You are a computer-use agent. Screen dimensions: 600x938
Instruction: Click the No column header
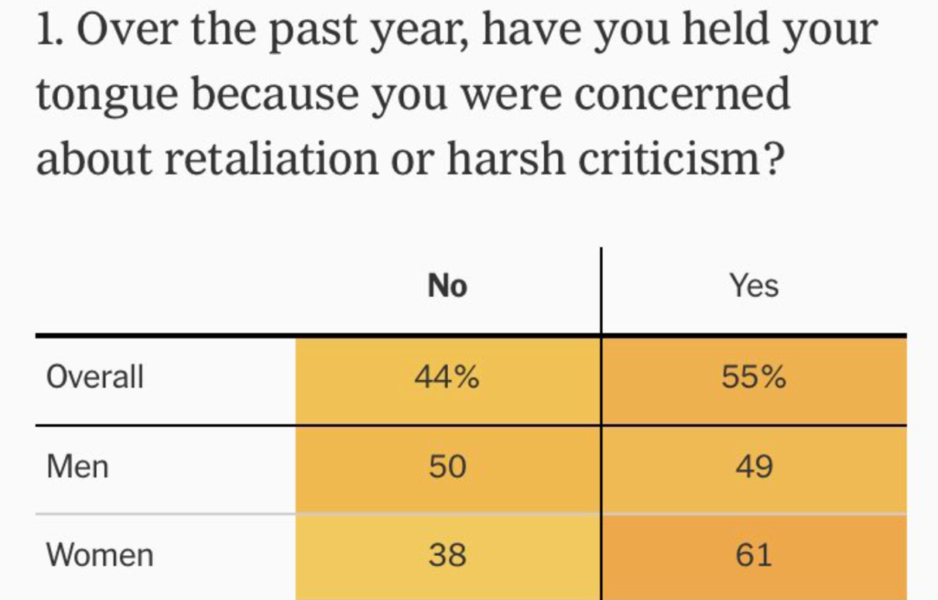(x=447, y=287)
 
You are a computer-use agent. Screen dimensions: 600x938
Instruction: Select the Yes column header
(x=754, y=287)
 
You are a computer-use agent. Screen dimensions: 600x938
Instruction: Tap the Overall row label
(x=95, y=376)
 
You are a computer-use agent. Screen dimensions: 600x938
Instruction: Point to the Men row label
(x=78, y=467)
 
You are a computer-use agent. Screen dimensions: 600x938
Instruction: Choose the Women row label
(x=100, y=554)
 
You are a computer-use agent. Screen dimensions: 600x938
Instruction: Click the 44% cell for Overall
(x=447, y=376)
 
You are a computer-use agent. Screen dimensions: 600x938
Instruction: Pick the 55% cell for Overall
(x=754, y=376)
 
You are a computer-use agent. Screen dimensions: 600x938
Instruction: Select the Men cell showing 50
(x=447, y=467)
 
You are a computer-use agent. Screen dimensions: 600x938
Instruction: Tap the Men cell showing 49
(x=754, y=467)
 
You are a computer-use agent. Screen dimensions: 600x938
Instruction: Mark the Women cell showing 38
(x=447, y=554)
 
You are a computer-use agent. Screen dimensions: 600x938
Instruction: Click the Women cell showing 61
(x=754, y=554)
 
